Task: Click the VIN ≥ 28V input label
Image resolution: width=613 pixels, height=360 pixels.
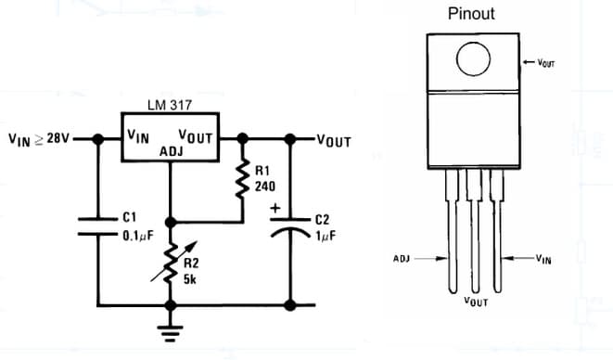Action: pos(39,140)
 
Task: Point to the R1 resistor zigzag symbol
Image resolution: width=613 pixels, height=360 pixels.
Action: pos(242,181)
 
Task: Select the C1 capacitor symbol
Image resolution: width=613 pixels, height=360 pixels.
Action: pos(96,225)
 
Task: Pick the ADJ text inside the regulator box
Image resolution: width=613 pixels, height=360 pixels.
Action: pos(172,150)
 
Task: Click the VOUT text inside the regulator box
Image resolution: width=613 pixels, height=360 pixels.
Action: pos(196,135)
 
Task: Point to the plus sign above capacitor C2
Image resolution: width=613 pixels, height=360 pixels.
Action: pos(275,209)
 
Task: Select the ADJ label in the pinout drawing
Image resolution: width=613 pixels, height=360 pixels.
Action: pos(402,259)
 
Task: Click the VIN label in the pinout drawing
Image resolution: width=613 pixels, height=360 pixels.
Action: pos(543,260)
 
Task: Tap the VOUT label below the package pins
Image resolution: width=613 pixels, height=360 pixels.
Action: pos(476,302)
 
